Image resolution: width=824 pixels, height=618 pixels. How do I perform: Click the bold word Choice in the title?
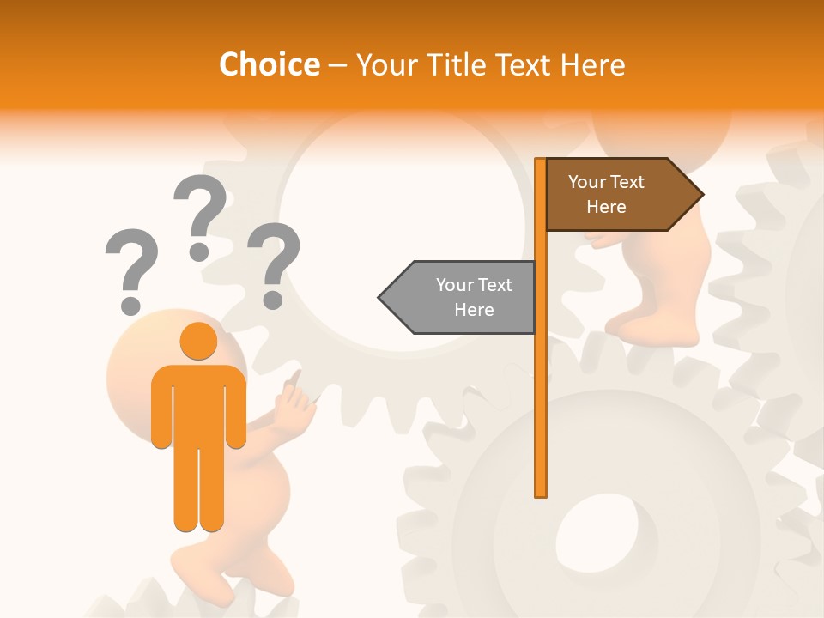(x=269, y=64)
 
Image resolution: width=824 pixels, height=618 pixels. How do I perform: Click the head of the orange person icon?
(x=198, y=342)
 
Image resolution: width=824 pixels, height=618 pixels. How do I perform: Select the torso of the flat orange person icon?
(x=198, y=403)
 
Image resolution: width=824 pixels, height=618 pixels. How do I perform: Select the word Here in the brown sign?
(x=606, y=207)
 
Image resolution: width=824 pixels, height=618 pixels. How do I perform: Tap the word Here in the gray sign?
(x=474, y=310)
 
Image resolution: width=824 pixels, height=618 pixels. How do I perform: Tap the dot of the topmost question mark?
(x=199, y=251)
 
